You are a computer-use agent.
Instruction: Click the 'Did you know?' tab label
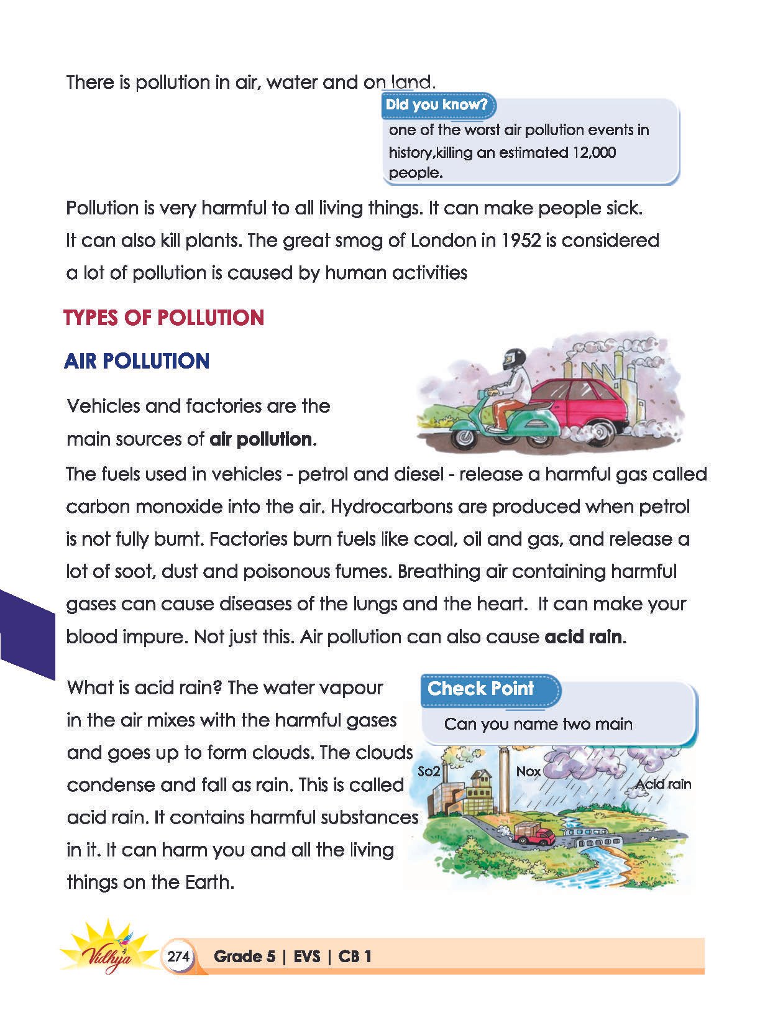(x=436, y=104)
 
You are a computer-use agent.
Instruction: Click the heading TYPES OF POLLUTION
(x=164, y=318)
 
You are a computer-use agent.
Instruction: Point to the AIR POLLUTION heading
(x=137, y=361)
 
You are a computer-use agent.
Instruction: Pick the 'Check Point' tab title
(x=480, y=689)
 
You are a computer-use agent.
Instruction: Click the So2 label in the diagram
(x=429, y=771)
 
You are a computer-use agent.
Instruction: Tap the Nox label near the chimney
(x=528, y=771)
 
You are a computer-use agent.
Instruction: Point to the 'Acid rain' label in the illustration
(x=663, y=784)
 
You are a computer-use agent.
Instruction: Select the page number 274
(x=178, y=957)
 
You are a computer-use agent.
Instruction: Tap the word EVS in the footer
(x=307, y=957)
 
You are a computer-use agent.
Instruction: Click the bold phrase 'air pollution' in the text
(x=261, y=439)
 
